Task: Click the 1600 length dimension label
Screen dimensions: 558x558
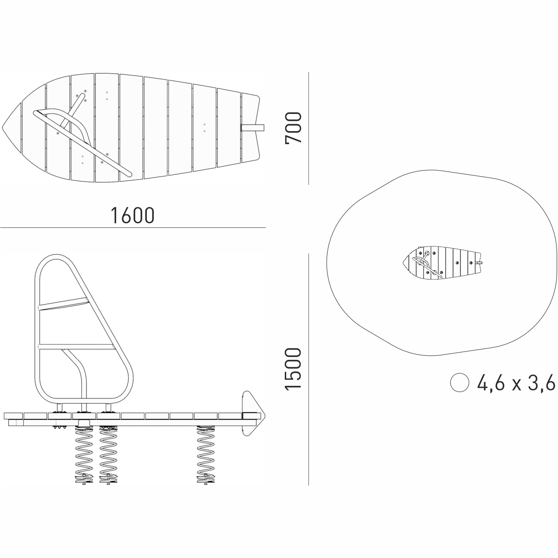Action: (132, 215)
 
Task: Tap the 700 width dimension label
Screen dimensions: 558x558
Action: (293, 127)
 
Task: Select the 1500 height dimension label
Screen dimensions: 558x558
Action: (293, 370)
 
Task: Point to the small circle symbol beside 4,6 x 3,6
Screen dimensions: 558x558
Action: (460, 383)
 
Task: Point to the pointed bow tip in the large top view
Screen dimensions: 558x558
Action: (2, 127)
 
